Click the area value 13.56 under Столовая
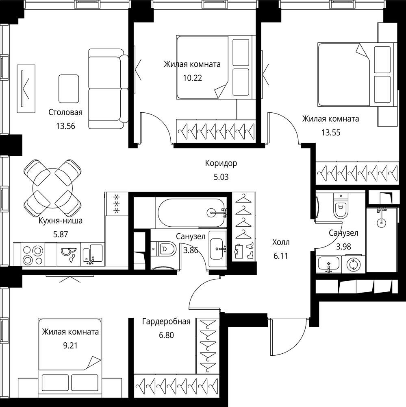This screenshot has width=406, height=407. [x=65, y=126]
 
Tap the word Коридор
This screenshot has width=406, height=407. [x=221, y=163]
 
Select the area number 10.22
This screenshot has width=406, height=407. [x=192, y=78]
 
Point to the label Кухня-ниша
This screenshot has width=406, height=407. [x=61, y=221]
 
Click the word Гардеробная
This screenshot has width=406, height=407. [x=166, y=322]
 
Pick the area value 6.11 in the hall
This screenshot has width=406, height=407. [x=281, y=256]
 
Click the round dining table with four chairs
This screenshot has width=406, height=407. [x=53, y=188]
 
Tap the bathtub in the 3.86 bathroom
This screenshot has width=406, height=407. [x=192, y=212]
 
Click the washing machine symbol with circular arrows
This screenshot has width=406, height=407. [x=354, y=265]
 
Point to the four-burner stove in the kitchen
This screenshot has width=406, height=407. [x=33, y=254]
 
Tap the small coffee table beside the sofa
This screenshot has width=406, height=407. [x=69, y=89]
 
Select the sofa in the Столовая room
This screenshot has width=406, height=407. [x=109, y=89]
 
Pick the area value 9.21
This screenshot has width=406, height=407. [x=70, y=346]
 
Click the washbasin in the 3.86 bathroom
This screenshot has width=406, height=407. [x=218, y=249]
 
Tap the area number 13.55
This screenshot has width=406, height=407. [x=331, y=133]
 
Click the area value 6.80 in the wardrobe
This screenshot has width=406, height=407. [x=166, y=335]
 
